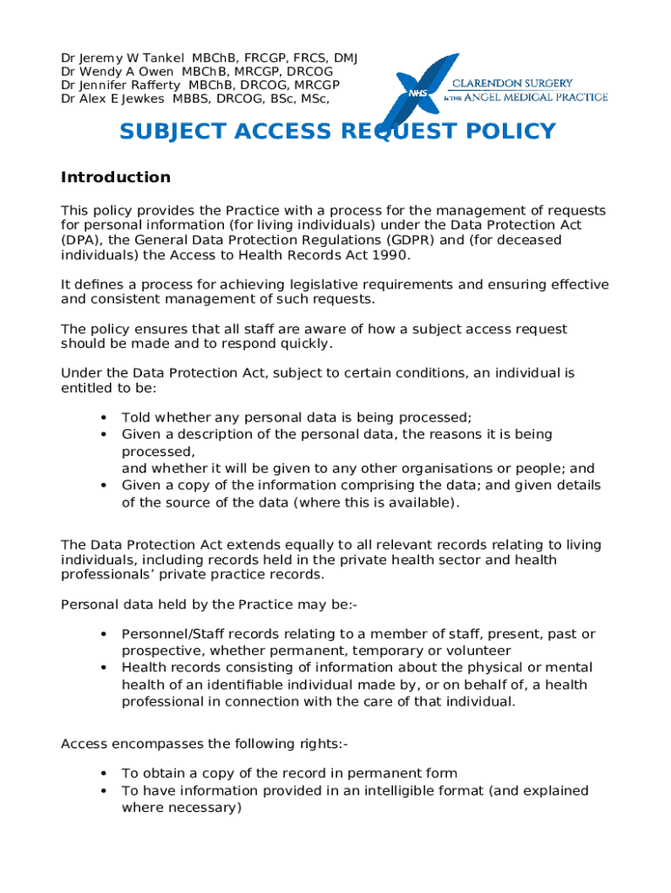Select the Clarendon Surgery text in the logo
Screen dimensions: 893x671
[x=528, y=84]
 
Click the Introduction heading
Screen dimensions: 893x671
[x=115, y=178]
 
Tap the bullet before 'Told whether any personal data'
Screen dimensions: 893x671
[x=104, y=417]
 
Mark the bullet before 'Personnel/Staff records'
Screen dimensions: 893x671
[x=104, y=634]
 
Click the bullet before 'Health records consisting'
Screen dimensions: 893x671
[x=104, y=667]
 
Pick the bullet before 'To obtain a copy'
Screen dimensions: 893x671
[x=104, y=774]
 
